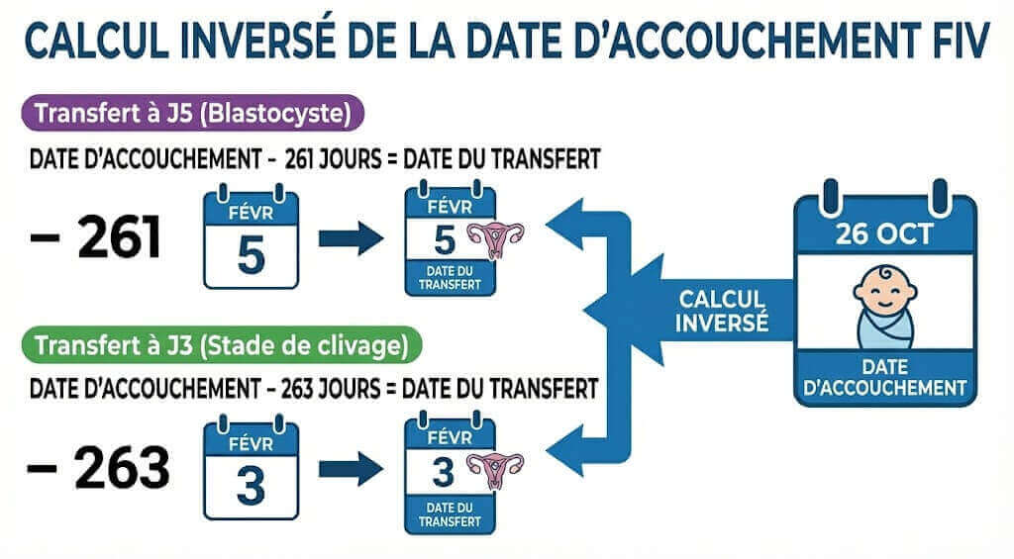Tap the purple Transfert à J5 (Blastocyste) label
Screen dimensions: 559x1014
pos(193,114)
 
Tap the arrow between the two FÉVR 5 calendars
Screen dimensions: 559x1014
pos(351,237)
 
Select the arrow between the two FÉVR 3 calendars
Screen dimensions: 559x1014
pos(351,468)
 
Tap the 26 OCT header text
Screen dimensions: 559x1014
pos(885,236)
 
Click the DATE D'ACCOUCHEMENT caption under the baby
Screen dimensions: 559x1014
pos(885,376)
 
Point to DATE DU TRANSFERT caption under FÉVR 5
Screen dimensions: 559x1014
pos(451,276)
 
